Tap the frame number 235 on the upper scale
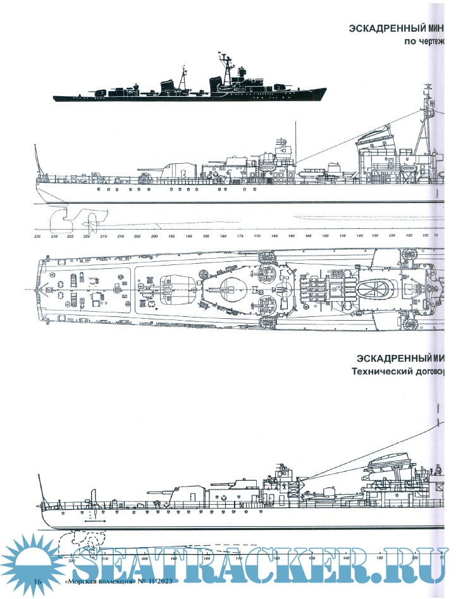coord(38,236)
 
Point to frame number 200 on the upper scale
coord(154,236)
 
